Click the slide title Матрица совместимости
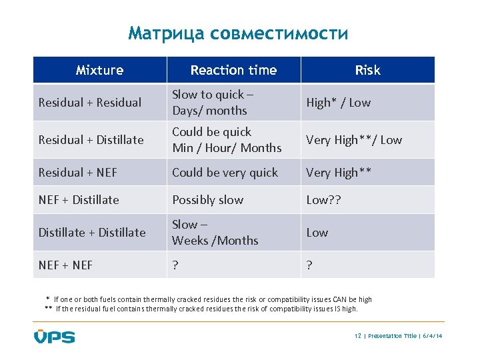238,33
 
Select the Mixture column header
99,70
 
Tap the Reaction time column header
233,70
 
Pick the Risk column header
367,70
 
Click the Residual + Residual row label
90,103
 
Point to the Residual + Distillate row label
91,140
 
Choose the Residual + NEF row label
77,173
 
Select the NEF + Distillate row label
79,200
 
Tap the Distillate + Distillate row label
92,233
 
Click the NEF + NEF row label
65,265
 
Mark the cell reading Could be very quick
225,173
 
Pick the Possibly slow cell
208,200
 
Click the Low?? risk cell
323,200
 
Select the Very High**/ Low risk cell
354,140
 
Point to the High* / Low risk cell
338,103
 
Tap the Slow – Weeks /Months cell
215,233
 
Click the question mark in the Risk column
309,265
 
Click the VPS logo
54,335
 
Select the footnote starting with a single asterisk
209,300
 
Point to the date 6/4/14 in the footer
432,336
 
